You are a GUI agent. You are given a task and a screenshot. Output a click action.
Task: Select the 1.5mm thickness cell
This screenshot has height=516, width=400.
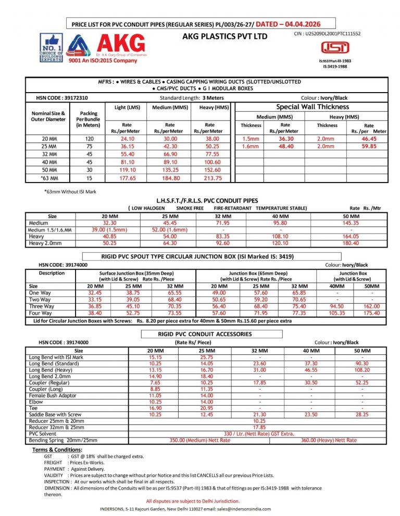[251, 139]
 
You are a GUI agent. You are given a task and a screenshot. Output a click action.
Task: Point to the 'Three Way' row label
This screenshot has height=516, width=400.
[42, 306]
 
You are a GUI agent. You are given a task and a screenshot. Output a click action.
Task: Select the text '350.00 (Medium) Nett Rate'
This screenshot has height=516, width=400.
[200, 440]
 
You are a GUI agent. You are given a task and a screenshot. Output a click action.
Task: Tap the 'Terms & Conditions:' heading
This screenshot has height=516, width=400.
[57, 449]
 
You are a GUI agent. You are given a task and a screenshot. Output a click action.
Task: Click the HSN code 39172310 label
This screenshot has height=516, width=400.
[62, 97]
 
